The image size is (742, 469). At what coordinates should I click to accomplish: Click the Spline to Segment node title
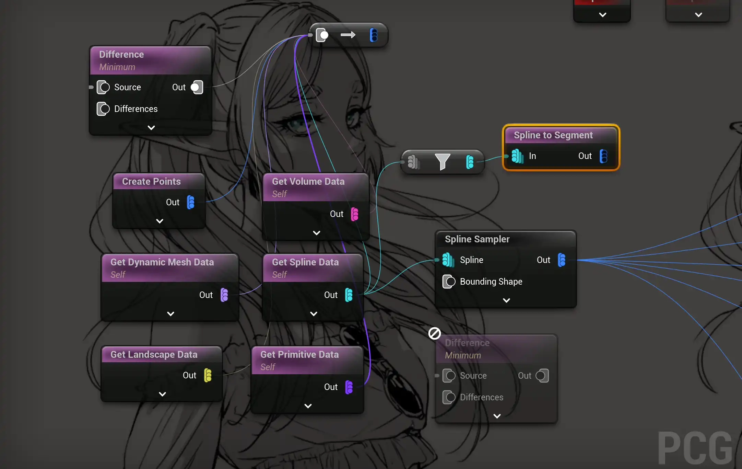[x=553, y=135]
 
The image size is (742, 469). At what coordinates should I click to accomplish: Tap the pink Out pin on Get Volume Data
[x=355, y=214]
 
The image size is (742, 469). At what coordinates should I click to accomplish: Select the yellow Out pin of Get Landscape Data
[x=208, y=375]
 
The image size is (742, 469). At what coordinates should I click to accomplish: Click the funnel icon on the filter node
[x=442, y=161]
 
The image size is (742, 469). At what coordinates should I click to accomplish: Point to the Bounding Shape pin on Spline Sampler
[x=449, y=282]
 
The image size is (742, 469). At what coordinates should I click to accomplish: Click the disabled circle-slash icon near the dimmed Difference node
[x=434, y=333]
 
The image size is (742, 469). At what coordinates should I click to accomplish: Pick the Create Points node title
[x=151, y=181]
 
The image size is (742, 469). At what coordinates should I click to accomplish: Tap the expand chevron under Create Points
[x=160, y=221]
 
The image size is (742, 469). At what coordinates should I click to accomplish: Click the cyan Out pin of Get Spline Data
[x=349, y=295]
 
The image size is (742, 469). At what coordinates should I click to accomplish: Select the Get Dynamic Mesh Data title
[x=162, y=262]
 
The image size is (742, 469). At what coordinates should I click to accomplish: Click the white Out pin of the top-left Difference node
[x=197, y=87]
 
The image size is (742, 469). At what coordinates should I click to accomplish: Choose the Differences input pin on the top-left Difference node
[x=103, y=109]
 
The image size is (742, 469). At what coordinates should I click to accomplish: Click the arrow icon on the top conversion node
[x=348, y=35]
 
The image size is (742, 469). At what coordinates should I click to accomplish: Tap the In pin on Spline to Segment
[x=517, y=156]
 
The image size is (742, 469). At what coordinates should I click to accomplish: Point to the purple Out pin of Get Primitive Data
[x=349, y=387]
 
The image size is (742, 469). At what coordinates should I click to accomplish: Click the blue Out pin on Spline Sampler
[x=562, y=260]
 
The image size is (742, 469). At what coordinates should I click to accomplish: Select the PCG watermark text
[x=695, y=448]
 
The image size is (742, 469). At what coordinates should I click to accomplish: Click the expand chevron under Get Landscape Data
[x=163, y=394]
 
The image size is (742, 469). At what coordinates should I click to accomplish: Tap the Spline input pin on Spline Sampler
[x=448, y=260]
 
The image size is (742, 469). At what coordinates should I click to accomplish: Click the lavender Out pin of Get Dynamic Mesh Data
[x=224, y=295]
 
